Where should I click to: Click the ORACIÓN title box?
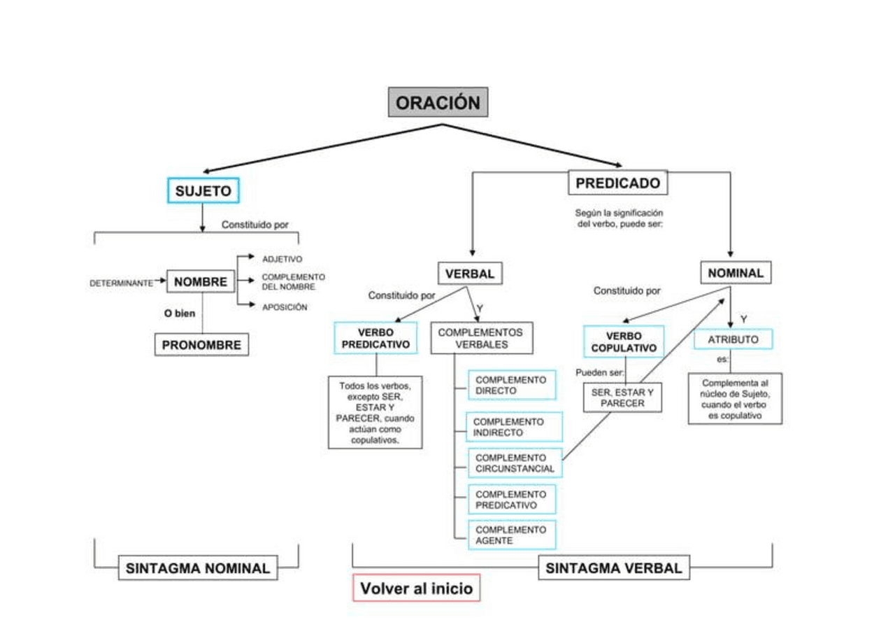(x=438, y=102)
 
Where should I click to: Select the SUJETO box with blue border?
(x=203, y=190)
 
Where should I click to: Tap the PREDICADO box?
(x=617, y=183)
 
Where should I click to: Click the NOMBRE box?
(x=201, y=282)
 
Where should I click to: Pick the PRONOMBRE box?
(x=201, y=345)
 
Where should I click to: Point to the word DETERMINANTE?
(x=121, y=283)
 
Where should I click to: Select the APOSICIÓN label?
(x=284, y=307)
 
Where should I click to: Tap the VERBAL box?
(x=470, y=274)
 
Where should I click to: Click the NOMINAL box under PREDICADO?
(x=735, y=273)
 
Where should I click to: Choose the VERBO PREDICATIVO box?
(x=375, y=338)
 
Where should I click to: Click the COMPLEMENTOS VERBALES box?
(x=481, y=338)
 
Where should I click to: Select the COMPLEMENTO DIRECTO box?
(x=511, y=385)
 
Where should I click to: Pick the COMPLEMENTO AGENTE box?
(x=511, y=535)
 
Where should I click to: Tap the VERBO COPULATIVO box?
(x=624, y=342)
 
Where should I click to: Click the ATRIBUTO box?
(x=733, y=339)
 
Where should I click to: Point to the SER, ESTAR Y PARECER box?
(x=622, y=397)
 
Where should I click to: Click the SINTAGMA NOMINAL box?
(x=197, y=568)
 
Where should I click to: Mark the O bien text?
(x=180, y=314)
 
